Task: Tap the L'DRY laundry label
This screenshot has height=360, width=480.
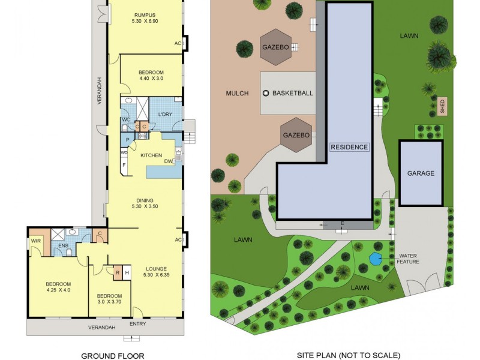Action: coord(165,114)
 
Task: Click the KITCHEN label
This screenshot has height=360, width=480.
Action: coord(151,155)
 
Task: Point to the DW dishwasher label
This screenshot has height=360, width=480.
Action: coord(169,161)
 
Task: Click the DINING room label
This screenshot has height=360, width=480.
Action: coord(144,200)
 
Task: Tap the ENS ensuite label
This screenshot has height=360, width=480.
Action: coord(63,246)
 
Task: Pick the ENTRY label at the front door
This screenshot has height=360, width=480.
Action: coord(137,324)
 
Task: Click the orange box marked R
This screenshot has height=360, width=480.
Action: coord(117,272)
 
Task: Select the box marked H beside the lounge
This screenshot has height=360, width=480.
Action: coord(127,273)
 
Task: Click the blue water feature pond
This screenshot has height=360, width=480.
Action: coord(375,259)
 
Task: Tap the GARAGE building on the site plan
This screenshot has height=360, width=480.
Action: coord(421,173)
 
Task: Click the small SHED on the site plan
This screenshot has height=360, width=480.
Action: coord(442,106)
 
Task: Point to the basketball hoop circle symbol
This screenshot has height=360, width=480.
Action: coord(266,93)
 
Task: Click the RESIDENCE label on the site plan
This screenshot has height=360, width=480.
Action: coord(349,146)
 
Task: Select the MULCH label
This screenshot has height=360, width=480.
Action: coord(237,93)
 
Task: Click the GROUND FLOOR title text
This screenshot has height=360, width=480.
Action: coord(113,356)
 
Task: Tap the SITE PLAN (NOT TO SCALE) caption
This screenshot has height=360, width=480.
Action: coord(348,356)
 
